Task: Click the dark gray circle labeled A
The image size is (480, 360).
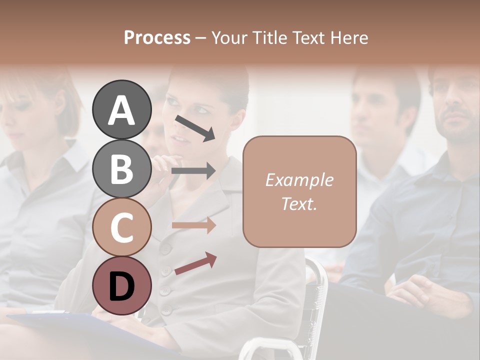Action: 121,109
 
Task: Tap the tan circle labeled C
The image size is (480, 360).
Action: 121,227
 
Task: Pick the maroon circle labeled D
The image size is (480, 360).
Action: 121,285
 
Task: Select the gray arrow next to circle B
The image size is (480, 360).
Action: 193,171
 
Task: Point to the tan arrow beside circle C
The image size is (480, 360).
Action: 193,225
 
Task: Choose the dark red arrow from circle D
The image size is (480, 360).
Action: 195,263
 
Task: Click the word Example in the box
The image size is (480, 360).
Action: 299,180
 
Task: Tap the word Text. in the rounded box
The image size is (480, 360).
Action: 299,203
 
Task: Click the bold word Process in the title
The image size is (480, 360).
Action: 157,37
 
